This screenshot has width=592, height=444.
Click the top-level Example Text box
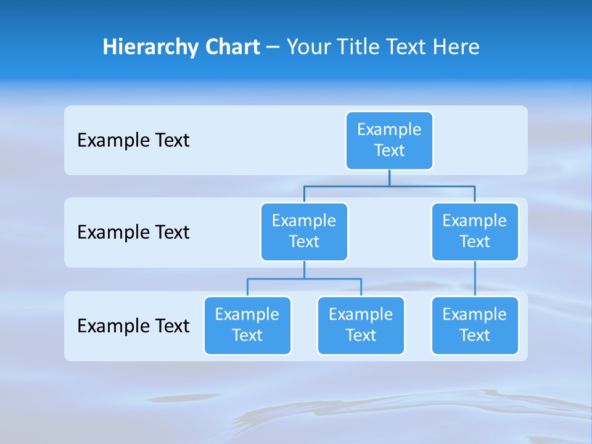[x=389, y=140]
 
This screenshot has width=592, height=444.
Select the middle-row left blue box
[x=304, y=231]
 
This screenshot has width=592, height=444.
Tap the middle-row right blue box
[x=475, y=231]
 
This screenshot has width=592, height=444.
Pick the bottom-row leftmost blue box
[x=247, y=325]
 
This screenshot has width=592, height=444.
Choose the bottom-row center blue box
[x=361, y=325]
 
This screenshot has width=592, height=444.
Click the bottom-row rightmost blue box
[x=475, y=325]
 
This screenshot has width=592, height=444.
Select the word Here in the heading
[x=458, y=47]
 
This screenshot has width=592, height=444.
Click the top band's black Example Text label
[x=133, y=140]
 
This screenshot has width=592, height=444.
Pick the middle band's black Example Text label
[x=133, y=232]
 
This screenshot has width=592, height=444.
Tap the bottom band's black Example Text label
[x=133, y=326]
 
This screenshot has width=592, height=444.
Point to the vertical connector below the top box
[x=389, y=178]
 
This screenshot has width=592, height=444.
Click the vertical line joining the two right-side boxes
[x=475, y=279]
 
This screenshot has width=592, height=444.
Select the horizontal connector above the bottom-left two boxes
[x=304, y=279]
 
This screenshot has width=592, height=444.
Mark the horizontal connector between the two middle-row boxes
[x=389, y=186]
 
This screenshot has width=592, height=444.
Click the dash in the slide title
[x=273, y=47]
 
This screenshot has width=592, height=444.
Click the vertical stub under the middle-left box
[x=304, y=270]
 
